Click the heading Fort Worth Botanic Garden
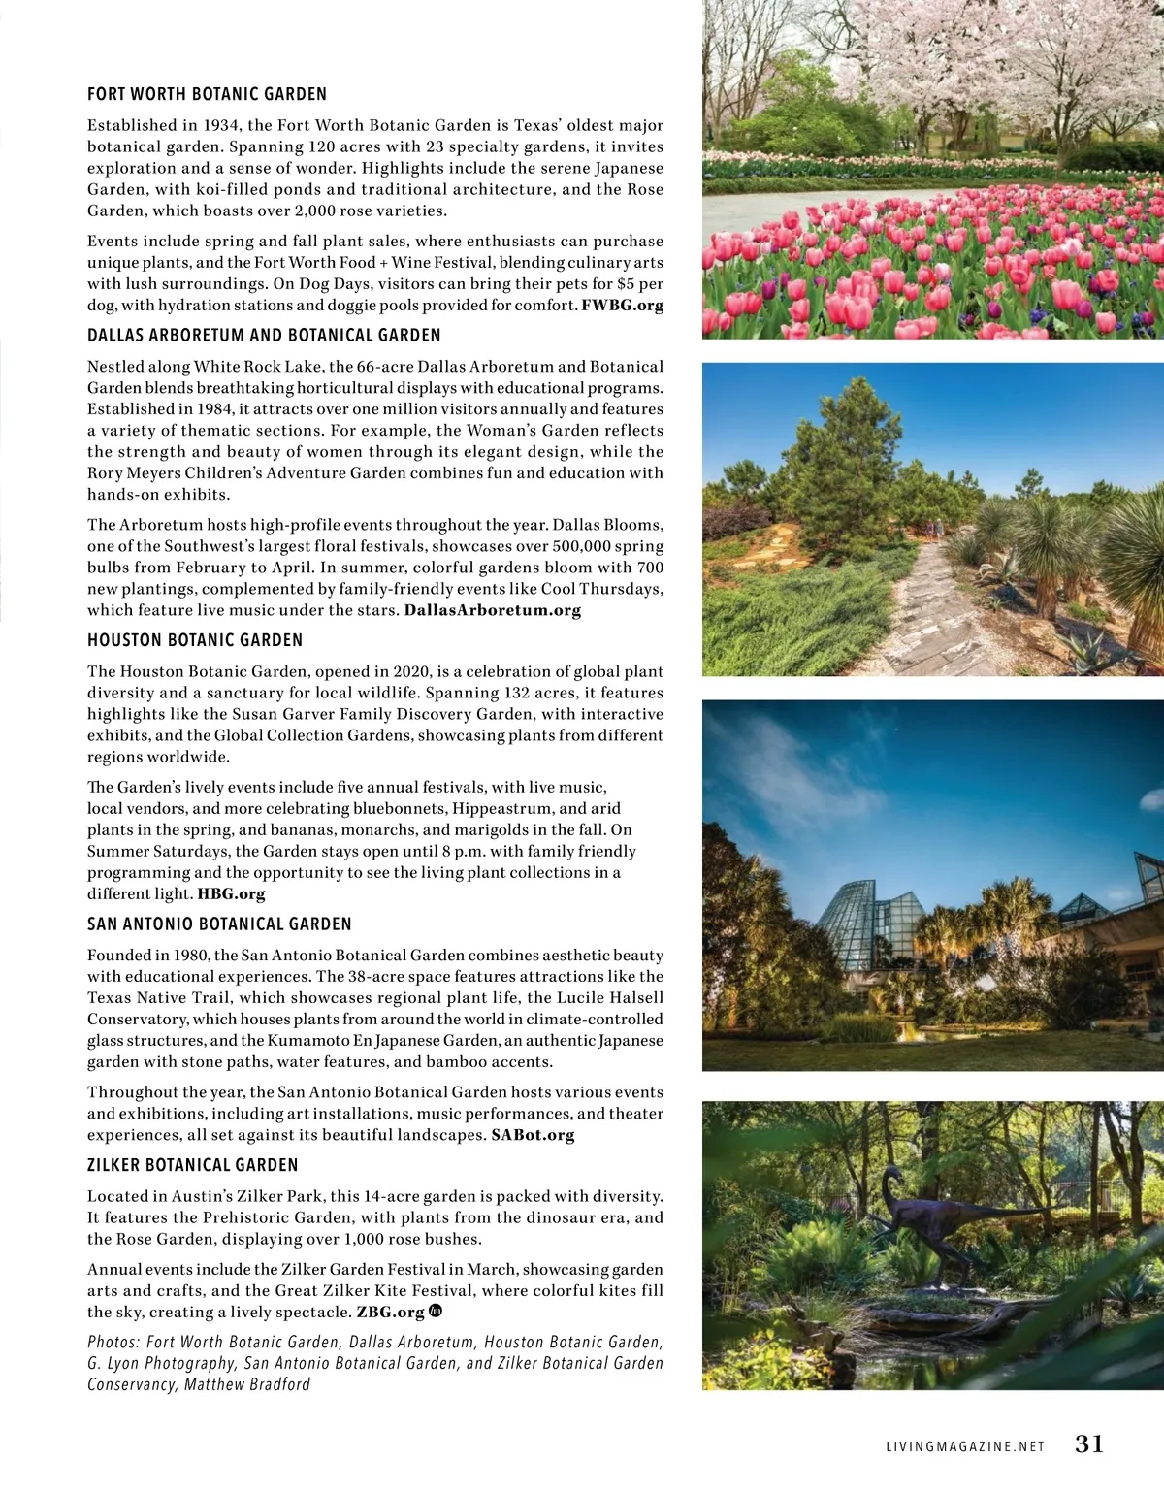(x=207, y=94)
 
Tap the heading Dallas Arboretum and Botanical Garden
(x=264, y=335)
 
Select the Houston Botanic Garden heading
(x=195, y=640)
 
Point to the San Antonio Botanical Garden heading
(x=219, y=924)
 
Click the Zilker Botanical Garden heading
(x=193, y=1165)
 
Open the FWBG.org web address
(x=623, y=305)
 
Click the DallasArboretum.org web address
(x=493, y=610)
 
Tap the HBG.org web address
(x=231, y=893)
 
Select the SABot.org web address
(x=533, y=1134)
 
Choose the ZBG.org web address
(x=391, y=1312)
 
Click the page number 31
(x=1089, y=1443)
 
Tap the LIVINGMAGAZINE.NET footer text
(x=965, y=1446)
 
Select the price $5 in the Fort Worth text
(x=626, y=283)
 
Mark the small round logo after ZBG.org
(x=436, y=1311)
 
